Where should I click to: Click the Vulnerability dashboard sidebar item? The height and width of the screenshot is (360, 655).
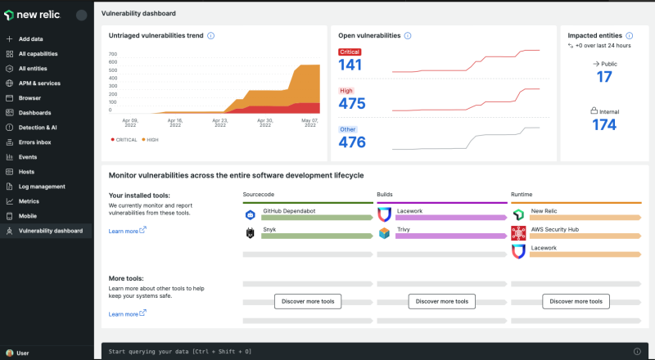pyautogui.click(x=50, y=231)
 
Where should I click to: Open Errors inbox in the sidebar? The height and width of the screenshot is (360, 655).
pyautogui.click(x=35, y=142)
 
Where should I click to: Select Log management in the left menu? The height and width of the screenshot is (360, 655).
pyautogui.click(x=42, y=187)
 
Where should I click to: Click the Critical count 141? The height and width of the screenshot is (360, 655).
pyautogui.click(x=350, y=65)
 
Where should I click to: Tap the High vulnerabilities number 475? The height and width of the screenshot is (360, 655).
pyautogui.click(x=351, y=104)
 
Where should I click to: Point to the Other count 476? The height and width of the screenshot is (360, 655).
pyautogui.click(x=351, y=142)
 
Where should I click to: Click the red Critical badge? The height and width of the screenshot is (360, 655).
pyautogui.click(x=350, y=52)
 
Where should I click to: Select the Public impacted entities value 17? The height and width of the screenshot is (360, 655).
pyautogui.click(x=604, y=77)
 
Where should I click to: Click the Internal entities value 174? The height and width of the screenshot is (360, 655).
pyautogui.click(x=604, y=124)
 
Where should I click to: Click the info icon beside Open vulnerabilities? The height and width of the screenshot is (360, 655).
pyautogui.click(x=408, y=36)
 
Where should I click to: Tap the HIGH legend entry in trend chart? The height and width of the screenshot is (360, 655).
pyautogui.click(x=150, y=140)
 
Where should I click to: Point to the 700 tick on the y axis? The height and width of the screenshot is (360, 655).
pyautogui.click(x=114, y=55)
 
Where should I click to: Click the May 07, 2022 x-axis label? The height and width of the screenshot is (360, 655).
pyautogui.click(x=309, y=123)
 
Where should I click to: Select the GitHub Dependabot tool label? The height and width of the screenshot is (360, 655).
pyautogui.click(x=289, y=211)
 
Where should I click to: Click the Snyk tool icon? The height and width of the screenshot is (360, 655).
pyautogui.click(x=250, y=233)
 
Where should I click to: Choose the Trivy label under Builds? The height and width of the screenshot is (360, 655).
pyautogui.click(x=404, y=230)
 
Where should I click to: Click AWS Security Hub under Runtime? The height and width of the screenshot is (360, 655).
pyautogui.click(x=554, y=229)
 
